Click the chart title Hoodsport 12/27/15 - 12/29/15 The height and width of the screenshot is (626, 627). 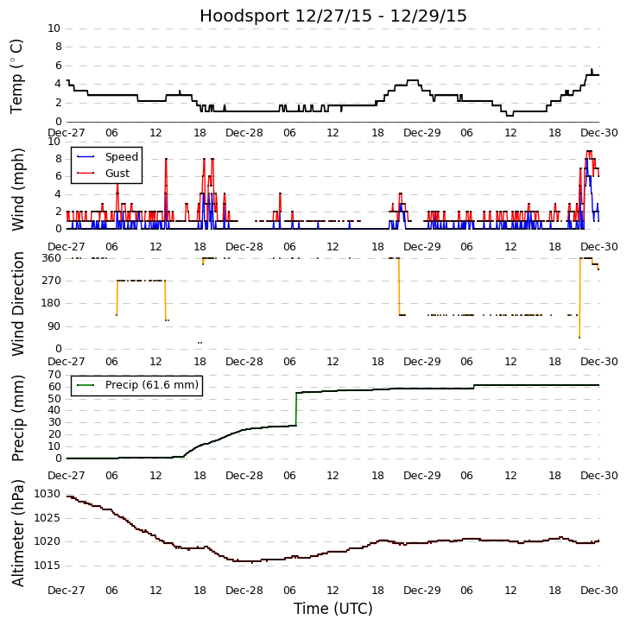click(332, 16)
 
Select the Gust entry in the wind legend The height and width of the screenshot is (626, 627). click(117, 174)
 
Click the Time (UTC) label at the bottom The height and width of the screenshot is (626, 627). click(332, 609)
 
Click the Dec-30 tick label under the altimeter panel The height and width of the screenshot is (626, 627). click(599, 591)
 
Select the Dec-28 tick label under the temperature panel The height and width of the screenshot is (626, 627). click(244, 133)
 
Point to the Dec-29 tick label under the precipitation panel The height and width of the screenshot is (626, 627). click(421, 475)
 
